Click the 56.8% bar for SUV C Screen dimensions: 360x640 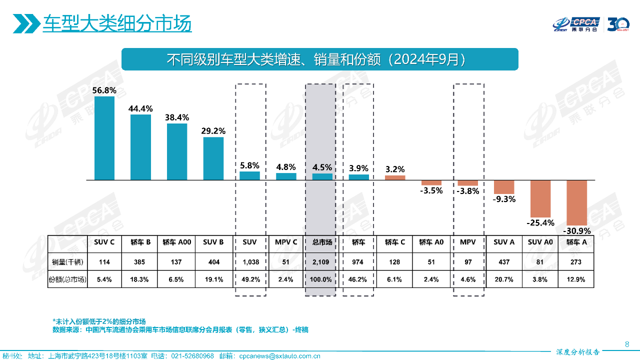pos(104,138)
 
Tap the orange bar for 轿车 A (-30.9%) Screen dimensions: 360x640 pos(576,202)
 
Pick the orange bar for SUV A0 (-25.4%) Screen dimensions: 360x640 pos(540,198)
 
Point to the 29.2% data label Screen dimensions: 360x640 pos(213,131)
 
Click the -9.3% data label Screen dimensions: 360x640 pos(504,199)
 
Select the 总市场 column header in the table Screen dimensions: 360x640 pos(322,242)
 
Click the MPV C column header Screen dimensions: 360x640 pos(286,242)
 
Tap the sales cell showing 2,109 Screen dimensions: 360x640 pos(322,262)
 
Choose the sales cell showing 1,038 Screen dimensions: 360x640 pos(250,262)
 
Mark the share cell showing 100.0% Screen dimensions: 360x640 pos(322,279)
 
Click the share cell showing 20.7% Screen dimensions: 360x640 pos(504,279)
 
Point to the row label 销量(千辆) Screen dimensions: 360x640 pos(67,262)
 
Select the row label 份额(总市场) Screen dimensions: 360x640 pos(67,279)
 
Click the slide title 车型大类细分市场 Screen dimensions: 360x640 pos(117,23)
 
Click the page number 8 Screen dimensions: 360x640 pos(627,344)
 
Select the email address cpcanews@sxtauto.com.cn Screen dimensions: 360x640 pos(280,356)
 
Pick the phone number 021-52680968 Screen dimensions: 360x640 pos(192,356)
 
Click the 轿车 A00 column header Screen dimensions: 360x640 pos(176,242)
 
